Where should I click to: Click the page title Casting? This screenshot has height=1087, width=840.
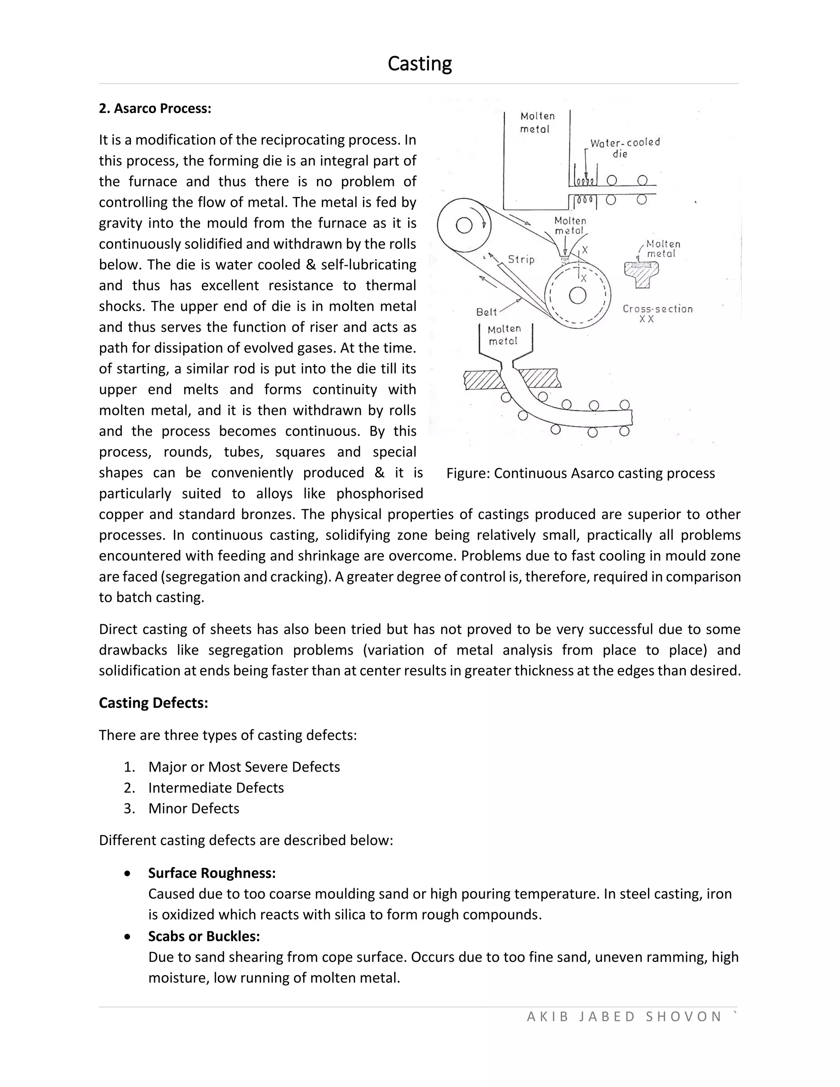click(x=420, y=64)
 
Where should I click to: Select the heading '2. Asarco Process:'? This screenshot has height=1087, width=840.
click(x=155, y=109)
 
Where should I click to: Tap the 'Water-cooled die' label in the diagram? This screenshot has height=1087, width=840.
click(x=625, y=148)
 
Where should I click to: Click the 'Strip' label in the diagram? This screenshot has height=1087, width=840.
click(x=521, y=259)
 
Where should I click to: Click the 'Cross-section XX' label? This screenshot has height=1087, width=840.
click(x=657, y=313)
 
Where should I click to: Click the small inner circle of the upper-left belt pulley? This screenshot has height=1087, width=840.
click(x=464, y=226)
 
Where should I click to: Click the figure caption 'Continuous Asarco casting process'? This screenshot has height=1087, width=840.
click(x=580, y=473)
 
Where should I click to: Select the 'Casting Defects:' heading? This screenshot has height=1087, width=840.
click(x=153, y=703)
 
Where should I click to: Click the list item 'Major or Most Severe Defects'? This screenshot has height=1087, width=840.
click(x=244, y=767)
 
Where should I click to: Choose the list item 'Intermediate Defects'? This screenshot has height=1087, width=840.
click(x=216, y=788)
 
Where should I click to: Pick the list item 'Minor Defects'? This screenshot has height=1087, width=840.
click(x=194, y=809)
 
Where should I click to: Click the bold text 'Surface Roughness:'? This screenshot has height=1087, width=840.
click(x=212, y=873)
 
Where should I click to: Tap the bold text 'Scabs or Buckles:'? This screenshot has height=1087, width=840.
click(x=204, y=936)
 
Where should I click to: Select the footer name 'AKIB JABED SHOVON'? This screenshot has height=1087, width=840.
click(x=624, y=1016)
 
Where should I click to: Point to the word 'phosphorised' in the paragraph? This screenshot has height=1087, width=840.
click(x=379, y=494)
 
